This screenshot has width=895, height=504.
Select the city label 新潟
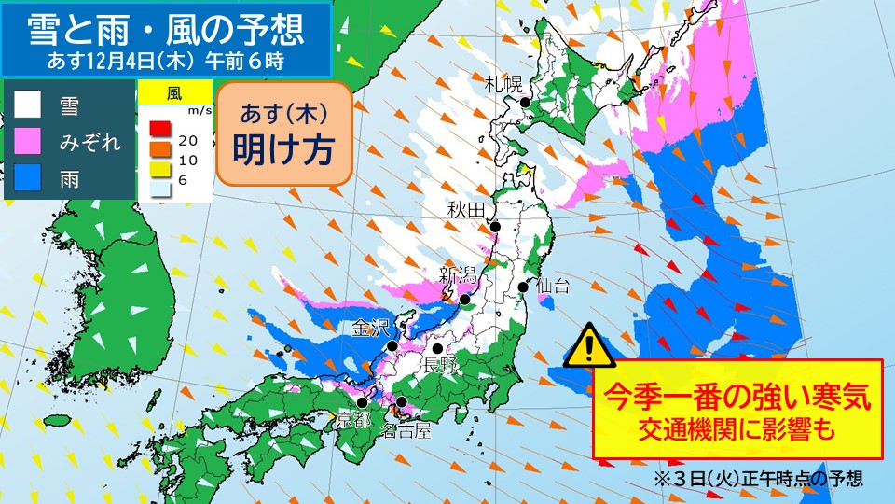click(458, 274)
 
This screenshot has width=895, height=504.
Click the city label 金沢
click(370, 329)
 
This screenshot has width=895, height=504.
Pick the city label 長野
click(441, 363)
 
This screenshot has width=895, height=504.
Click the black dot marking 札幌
click(526, 102)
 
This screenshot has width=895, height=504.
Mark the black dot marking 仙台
click(523, 287)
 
